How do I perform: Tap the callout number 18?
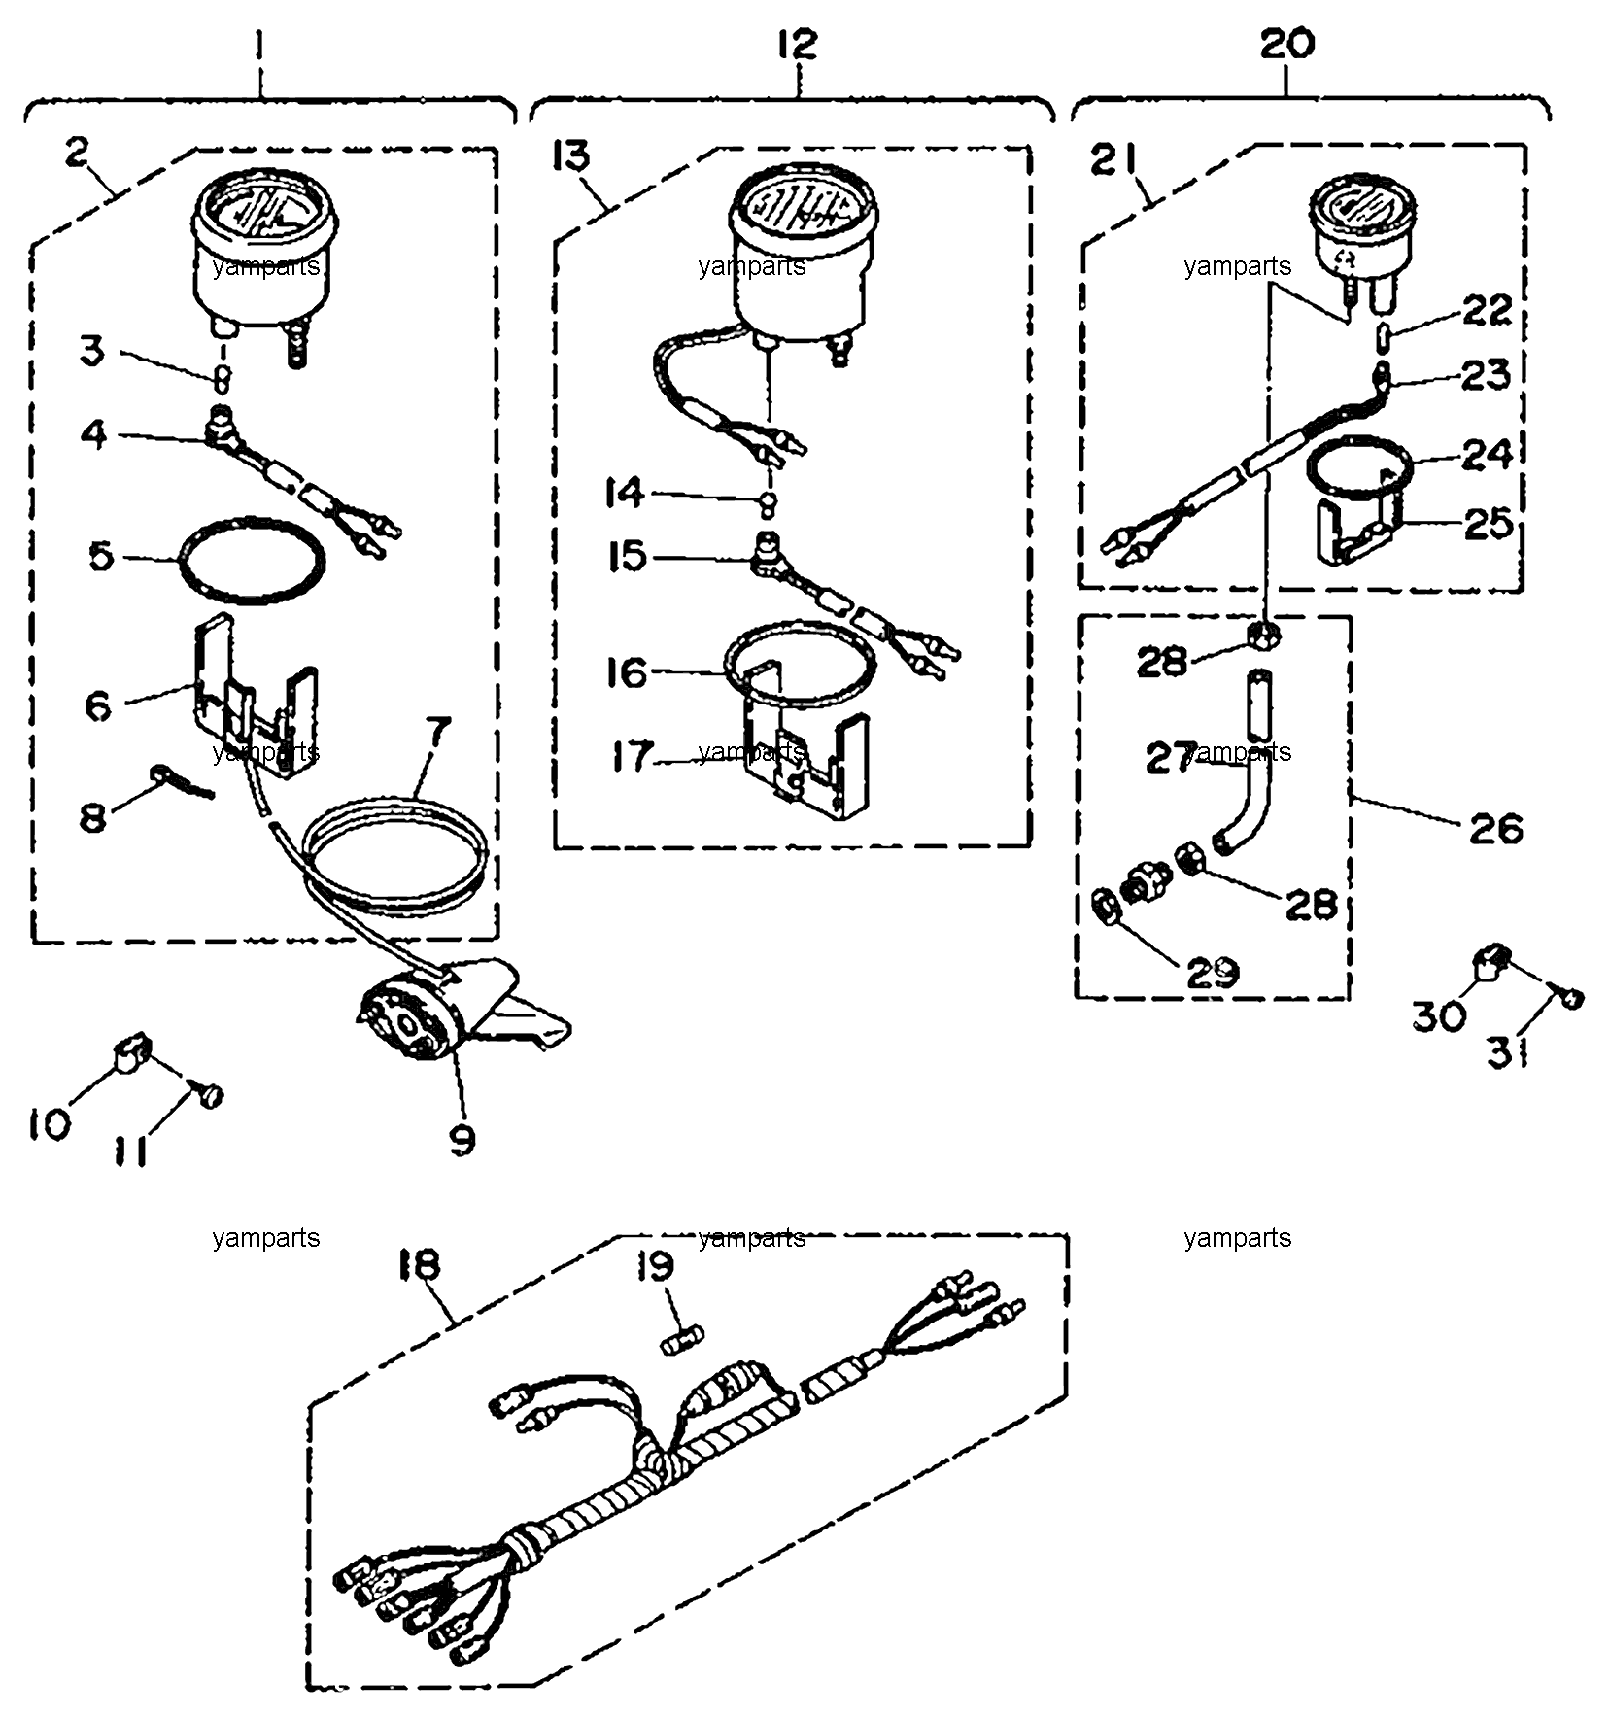click(419, 1263)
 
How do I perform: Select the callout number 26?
click(1495, 828)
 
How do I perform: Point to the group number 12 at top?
click(797, 44)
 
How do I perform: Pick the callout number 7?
click(436, 731)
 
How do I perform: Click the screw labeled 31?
click(1571, 996)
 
